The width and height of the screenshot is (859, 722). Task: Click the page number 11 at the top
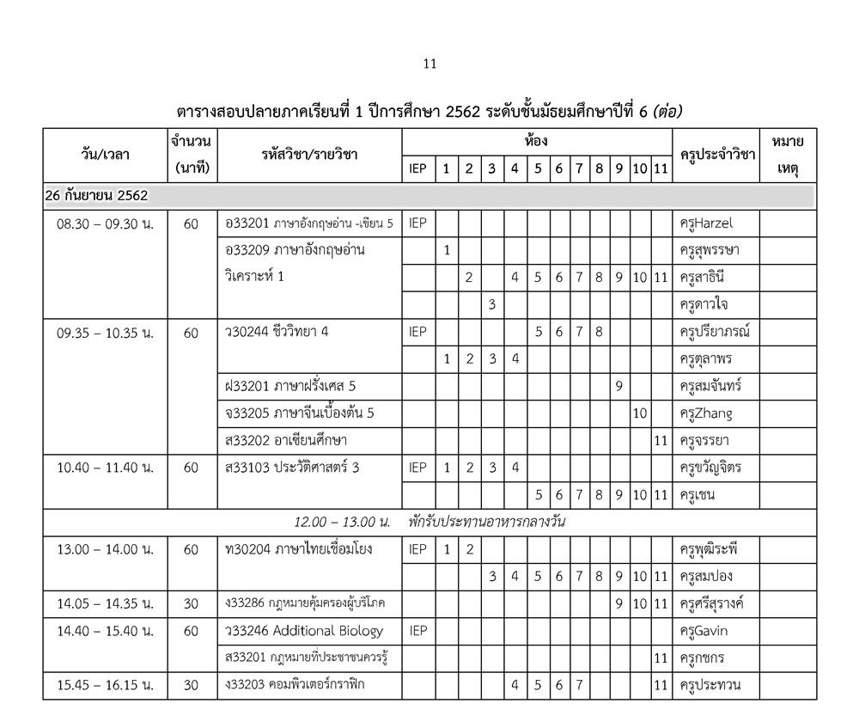tap(430, 64)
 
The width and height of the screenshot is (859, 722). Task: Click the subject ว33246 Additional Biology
tap(303, 631)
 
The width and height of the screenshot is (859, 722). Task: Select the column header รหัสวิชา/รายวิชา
tap(310, 155)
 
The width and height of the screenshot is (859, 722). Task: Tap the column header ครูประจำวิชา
tap(716, 155)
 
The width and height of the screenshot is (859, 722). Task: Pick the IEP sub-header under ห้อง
tap(417, 169)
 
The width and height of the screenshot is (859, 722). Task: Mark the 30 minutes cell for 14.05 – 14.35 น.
tap(191, 603)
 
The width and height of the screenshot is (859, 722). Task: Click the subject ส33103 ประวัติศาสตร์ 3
tap(291, 468)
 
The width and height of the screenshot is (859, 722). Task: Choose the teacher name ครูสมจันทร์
tap(710, 386)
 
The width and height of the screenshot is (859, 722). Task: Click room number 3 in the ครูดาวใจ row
tap(491, 304)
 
